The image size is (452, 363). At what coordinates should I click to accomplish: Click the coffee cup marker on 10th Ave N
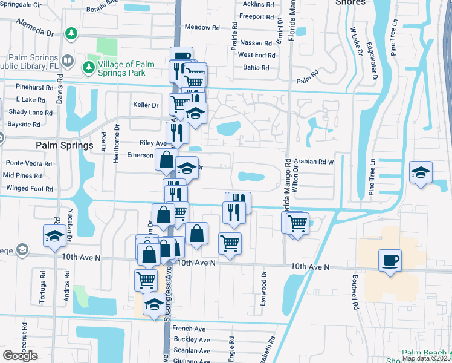(x=390, y=261)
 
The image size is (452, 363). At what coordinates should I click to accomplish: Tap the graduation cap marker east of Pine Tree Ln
(x=421, y=172)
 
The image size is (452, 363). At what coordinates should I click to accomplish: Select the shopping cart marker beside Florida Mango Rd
(x=297, y=223)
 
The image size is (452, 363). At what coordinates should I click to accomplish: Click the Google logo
(x=20, y=356)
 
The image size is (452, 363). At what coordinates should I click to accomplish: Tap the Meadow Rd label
(x=202, y=27)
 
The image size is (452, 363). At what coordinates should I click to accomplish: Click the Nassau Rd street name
(x=256, y=43)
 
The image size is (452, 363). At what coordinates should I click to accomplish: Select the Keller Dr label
(x=146, y=105)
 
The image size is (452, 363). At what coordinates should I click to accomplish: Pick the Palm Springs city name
(x=64, y=145)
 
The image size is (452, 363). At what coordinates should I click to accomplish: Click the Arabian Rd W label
(x=314, y=162)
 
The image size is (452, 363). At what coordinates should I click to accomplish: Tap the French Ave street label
(x=189, y=329)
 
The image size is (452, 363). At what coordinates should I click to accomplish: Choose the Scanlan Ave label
(x=191, y=350)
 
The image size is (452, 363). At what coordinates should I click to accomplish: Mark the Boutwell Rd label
(x=355, y=294)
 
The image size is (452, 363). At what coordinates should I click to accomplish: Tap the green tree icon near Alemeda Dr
(x=71, y=32)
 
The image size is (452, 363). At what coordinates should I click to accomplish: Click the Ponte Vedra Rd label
(x=29, y=163)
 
